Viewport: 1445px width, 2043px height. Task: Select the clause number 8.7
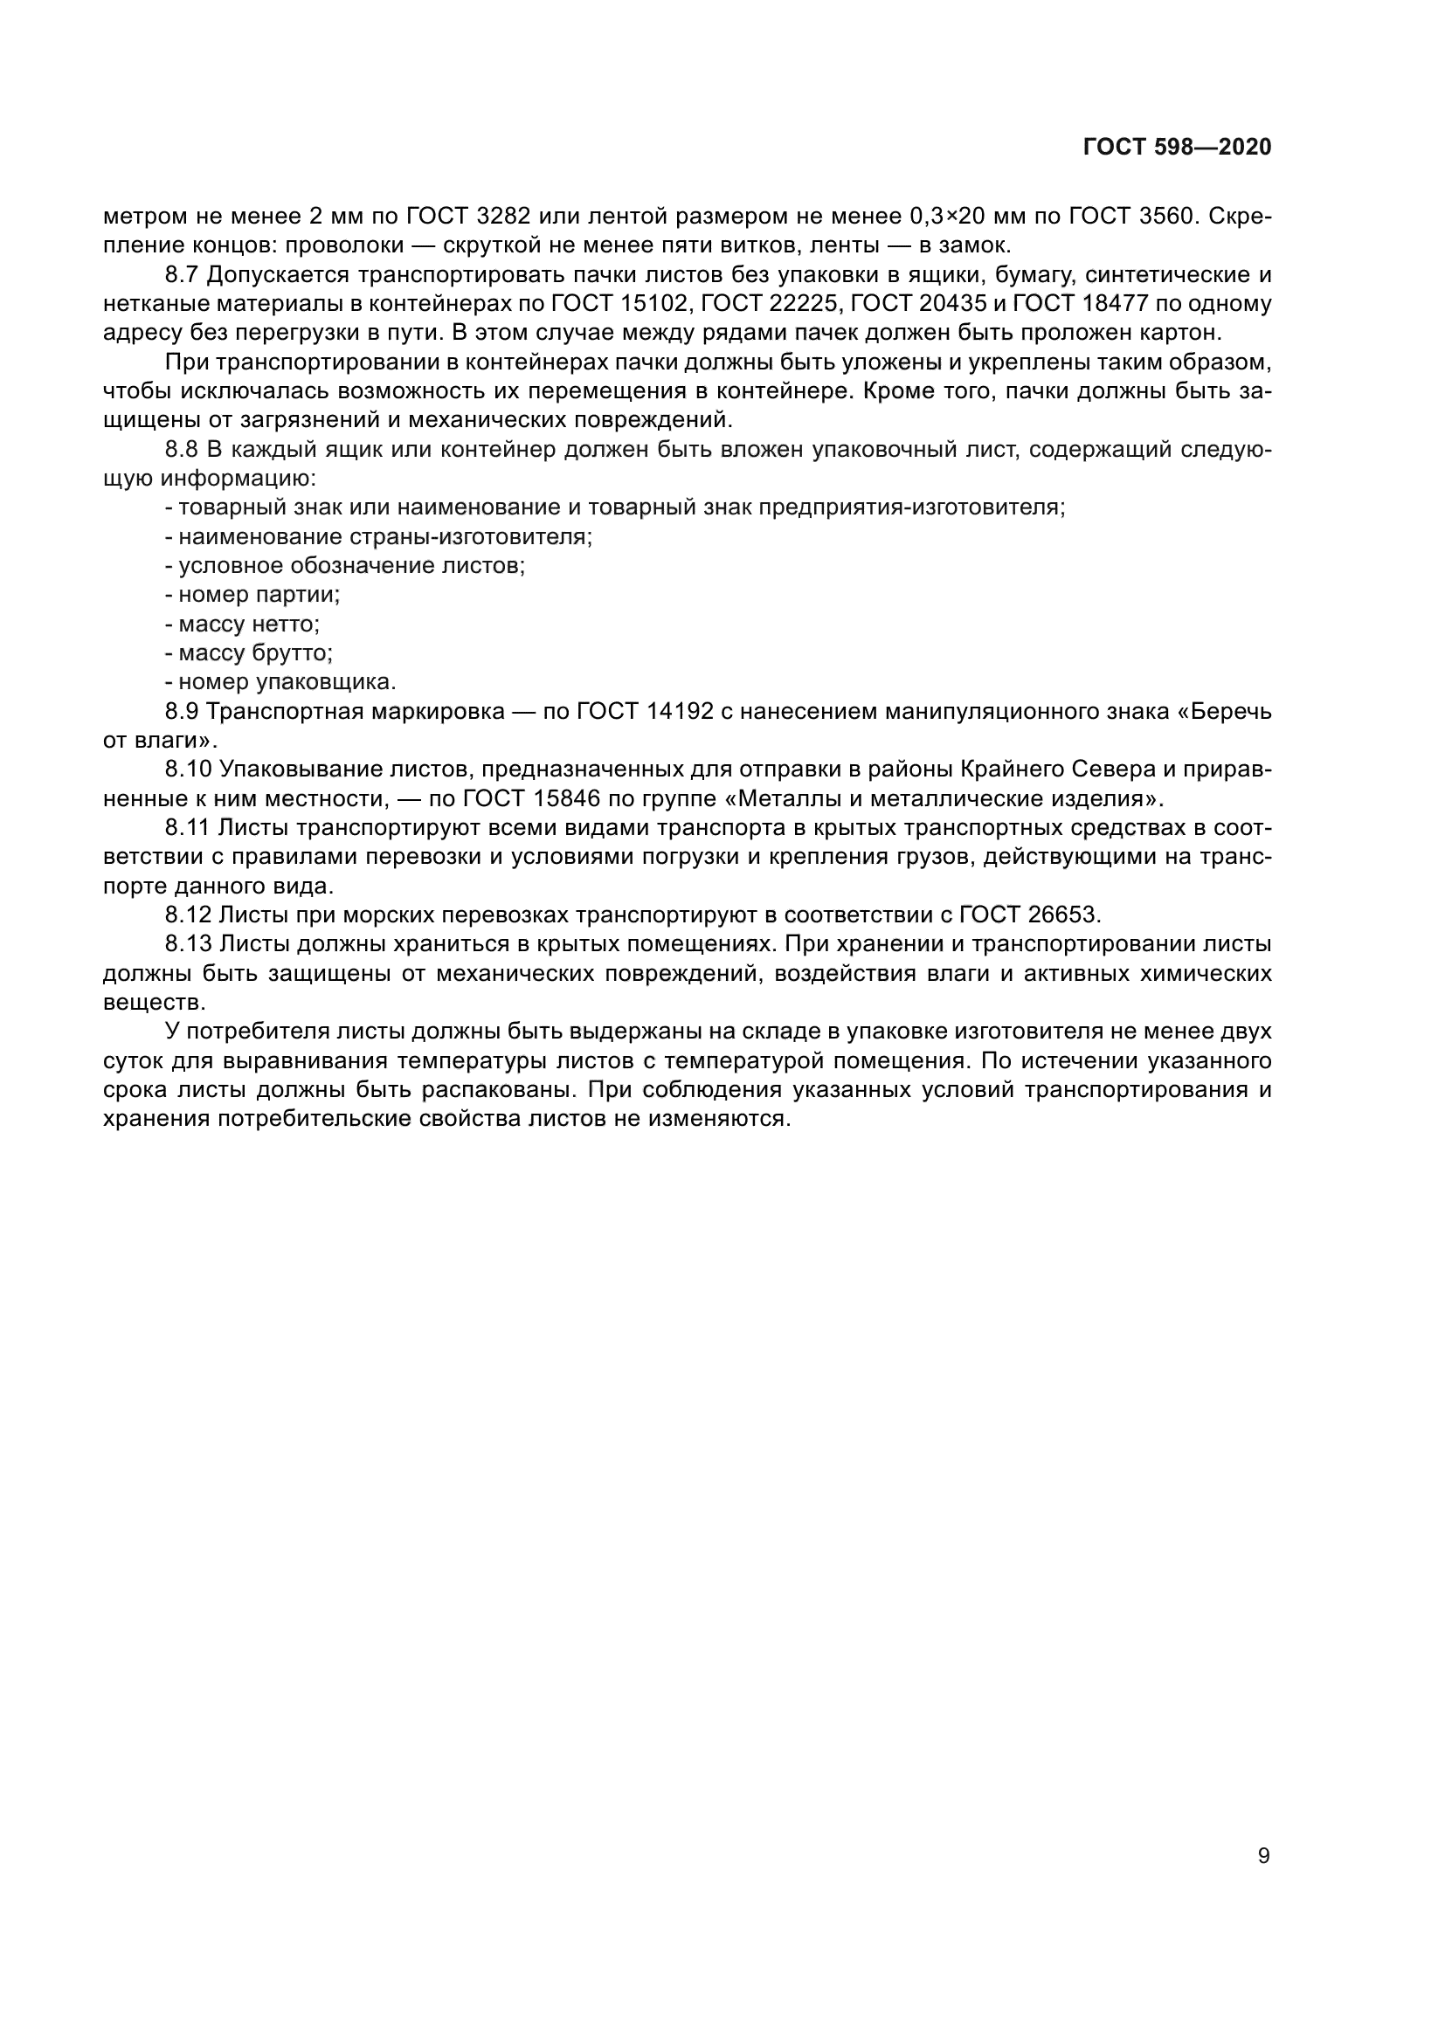point(183,275)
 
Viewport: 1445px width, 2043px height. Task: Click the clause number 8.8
point(183,449)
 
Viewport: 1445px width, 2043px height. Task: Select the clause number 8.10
point(189,769)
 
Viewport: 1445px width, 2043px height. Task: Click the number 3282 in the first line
point(503,217)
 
